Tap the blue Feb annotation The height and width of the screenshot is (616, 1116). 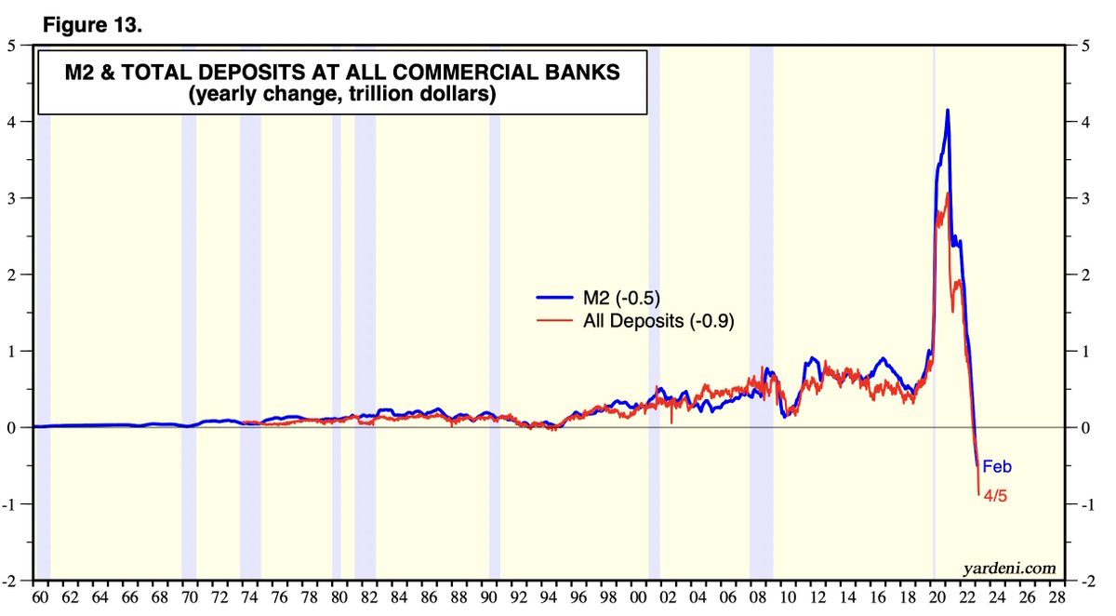coord(997,467)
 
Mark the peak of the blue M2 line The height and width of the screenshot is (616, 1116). coord(948,111)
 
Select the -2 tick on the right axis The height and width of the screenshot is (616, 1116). coord(1084,581)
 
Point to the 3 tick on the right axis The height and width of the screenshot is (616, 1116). coord(1083,198)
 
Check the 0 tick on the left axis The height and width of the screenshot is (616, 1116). coord(12,428)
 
